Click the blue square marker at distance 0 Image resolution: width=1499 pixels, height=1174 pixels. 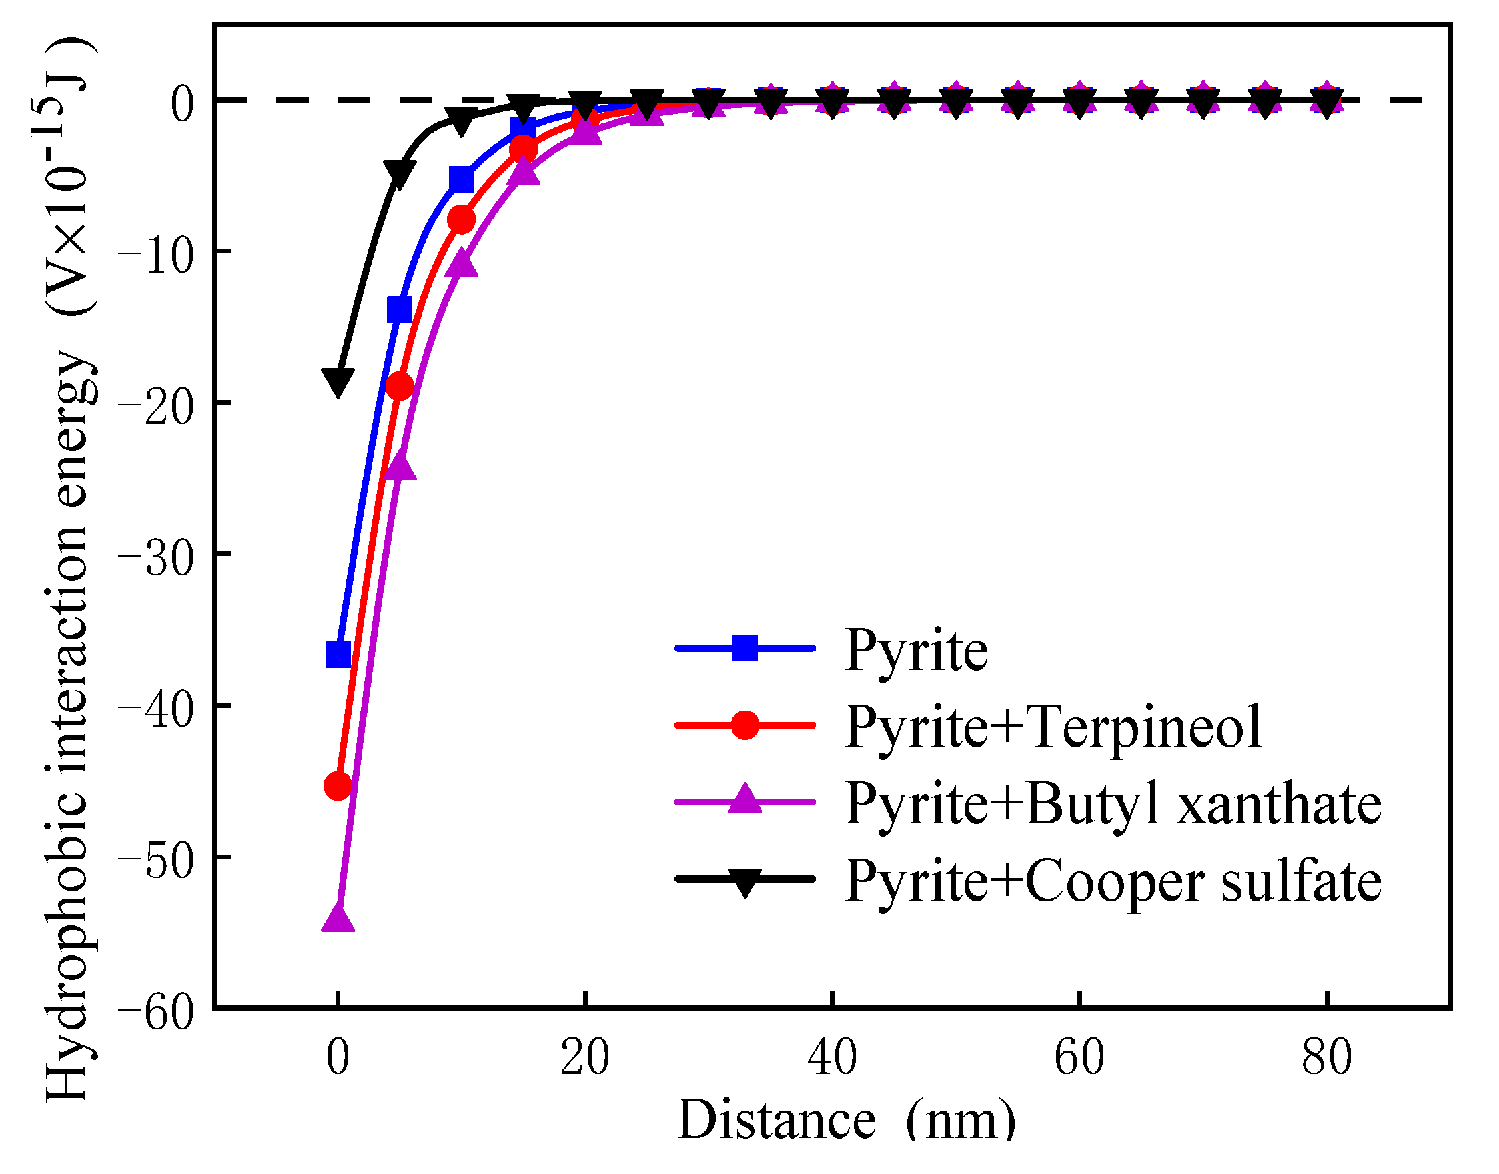click(x=338, y=655)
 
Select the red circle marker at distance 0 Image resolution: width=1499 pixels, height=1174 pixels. click(x=338, y=785)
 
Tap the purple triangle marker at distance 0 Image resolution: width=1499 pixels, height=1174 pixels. click(x=338, y=918)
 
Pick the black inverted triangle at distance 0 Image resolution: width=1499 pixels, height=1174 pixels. click(x=338, y=380)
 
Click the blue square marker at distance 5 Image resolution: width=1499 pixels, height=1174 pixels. click(x=400, y=310)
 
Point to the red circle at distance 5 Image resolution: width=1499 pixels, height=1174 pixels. click(x=400, y=387)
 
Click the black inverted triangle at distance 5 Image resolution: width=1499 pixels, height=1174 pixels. click(x=400, y=173)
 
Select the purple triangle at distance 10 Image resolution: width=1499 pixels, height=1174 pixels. click(x=462, y=265)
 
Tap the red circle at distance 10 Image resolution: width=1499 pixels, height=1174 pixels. click(x=462, y=220)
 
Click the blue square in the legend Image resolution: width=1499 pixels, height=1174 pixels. click(x=744, y=648)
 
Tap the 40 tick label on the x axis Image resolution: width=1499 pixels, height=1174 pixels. click(x=832, y=1059)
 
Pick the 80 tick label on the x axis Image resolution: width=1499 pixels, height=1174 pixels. click(x=1326, y=1059)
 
